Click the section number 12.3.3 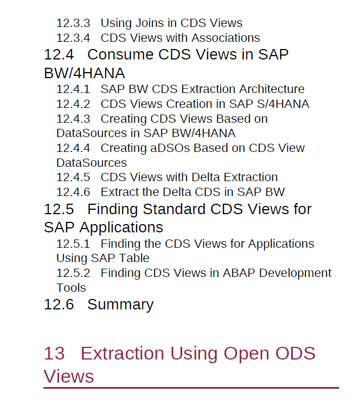73,23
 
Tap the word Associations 226,38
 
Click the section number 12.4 59,55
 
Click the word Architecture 272,89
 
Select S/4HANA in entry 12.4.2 283,104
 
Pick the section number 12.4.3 73,119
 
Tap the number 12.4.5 73,177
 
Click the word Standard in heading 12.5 174,209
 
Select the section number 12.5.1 73,244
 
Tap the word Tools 71,287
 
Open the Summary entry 121,304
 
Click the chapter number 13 54,353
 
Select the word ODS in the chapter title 295,353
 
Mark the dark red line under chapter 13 191,388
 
